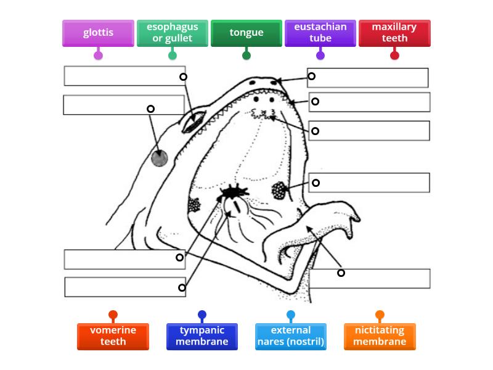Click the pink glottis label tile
pyautogui.click(x=98, y=33)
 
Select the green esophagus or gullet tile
pyautogui.click(x=173, y=33)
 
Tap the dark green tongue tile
pyautogui.click(x=246, y=33)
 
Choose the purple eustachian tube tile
pyautogui.click(x=320, y=33)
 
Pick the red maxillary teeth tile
pyautogui.click(x=394, y=33)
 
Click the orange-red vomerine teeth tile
pyautogui.click(x=113, y=336)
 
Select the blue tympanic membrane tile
pyautogui.click(x=202, y=336)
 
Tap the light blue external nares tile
pyautogui.click(x=291, y=336)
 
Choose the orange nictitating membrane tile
pyautogui.click(x=380, y=336)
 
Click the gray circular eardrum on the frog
pyautogui.click(x=159, y=158)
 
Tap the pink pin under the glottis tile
pyautogui.click(x=98, y=55)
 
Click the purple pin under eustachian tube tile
pyautogui.click(x=320, y=55)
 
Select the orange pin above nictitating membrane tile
pyautogui.click(x=380, y=314)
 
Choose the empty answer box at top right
pyautogui.click(x=368, y=78)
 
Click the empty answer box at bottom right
pyautogui.click(x=369, y=279)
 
